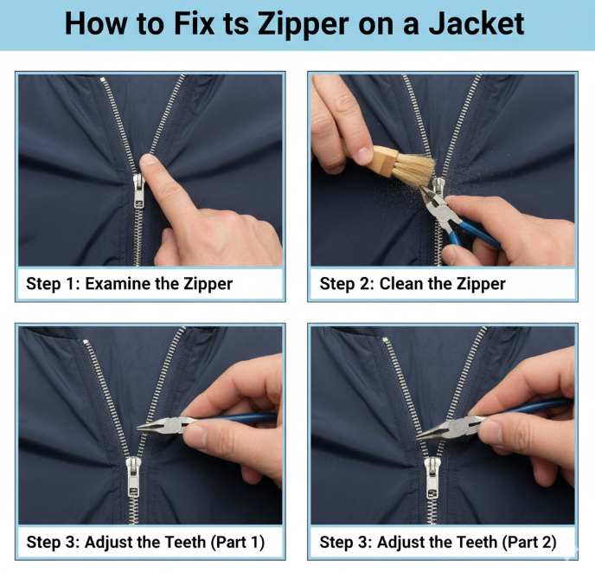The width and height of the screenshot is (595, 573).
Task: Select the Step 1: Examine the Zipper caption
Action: point(130,284)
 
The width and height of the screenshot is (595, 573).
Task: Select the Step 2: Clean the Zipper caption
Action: point(413,284)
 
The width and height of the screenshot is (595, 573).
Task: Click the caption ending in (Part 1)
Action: point(144,543)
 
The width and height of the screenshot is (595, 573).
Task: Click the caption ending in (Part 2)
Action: point(438,543)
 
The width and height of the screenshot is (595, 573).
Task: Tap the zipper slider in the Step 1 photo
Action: point(138,190)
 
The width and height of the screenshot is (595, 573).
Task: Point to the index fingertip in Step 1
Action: point(149,162)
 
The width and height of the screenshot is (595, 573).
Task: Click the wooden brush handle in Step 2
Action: point(381,160)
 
